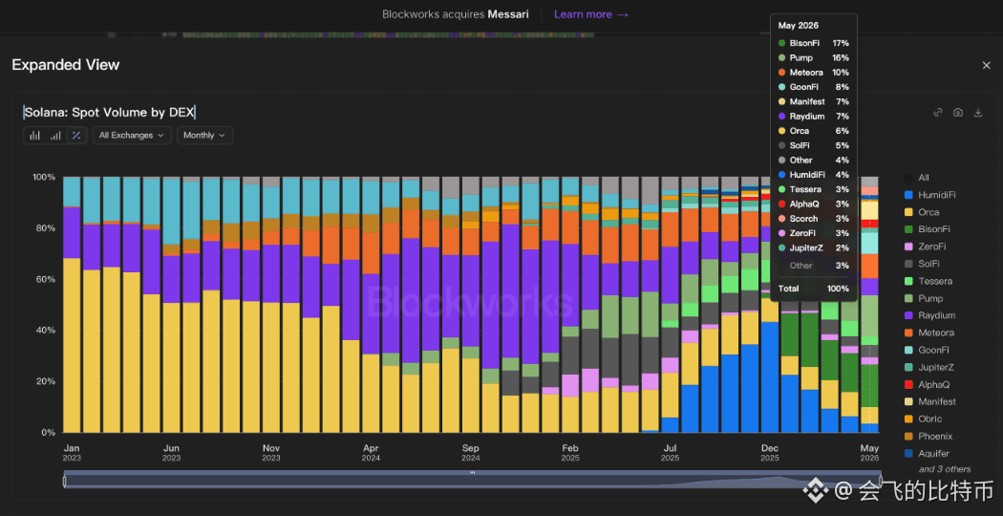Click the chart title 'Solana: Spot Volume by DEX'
[x=110, y=113]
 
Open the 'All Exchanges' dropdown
[x=132, y=135]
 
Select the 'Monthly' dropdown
[x=204, y=135]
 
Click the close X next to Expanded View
[x=987, y=65]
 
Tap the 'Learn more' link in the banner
[x=591, y=14]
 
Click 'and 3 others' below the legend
[x=945, y=469]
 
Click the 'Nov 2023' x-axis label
[x=271, y=453]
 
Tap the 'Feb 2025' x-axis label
[x=570, y=453]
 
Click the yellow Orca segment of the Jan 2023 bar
[x=72, y=345]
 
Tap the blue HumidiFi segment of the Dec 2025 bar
[x=770, y=377]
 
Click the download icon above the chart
[x=977, y=113]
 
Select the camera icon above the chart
[x=957, y=113]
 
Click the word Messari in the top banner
[x=508, y=14]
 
